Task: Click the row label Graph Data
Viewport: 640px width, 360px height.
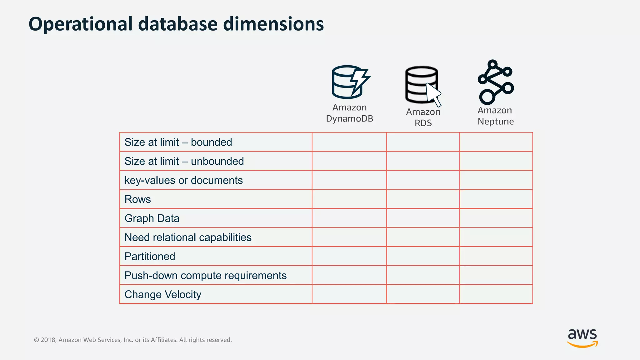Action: [152, 218]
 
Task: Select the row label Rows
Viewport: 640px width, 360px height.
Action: [137, 199]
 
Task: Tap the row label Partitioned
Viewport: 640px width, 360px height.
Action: [150, 256]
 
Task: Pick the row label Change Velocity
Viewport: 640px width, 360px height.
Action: [163, 294]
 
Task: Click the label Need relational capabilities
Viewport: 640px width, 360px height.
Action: [188, 237]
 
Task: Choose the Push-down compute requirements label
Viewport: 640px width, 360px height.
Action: [205, 275]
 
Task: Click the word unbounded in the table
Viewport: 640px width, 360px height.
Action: [217, 161]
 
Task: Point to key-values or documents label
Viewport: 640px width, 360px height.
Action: [183, 180]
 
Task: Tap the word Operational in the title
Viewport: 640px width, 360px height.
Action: [81, 24]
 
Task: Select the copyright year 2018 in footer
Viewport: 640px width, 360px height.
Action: [48, 340]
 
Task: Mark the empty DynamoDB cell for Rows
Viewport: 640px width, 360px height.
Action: [349, 199]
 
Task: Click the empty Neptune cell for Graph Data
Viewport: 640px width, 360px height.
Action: [496, 218]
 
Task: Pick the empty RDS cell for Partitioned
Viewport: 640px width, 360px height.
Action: [423, 256]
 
